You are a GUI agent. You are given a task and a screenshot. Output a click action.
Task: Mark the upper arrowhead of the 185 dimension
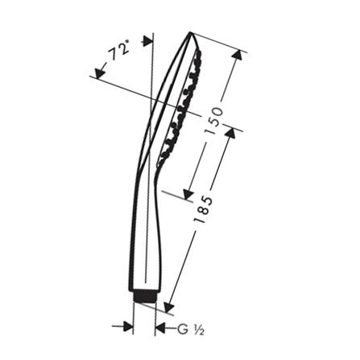230,132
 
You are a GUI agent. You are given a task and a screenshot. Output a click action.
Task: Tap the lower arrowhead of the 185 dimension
168,307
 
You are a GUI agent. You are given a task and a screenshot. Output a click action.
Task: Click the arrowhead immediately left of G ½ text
160,328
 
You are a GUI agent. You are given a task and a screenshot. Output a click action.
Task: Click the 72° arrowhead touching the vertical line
147,41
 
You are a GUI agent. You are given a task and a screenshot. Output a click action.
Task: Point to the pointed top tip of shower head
191,33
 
